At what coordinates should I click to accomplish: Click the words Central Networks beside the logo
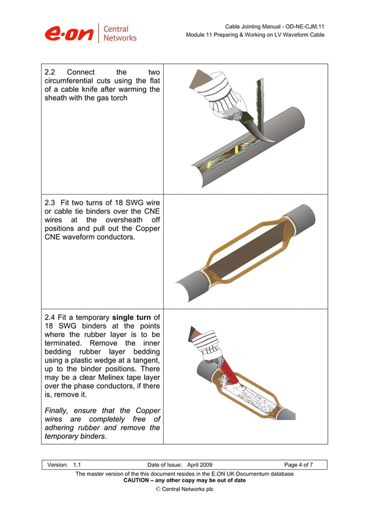(120, 34)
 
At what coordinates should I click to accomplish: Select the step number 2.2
(50, 72)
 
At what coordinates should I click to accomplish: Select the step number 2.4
(50, 317)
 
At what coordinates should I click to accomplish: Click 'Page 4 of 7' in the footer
(298, 465)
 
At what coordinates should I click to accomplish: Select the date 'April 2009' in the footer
(200, 465)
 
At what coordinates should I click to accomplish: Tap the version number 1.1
(78, 465)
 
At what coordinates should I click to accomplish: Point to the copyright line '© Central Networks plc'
(184, 489)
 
